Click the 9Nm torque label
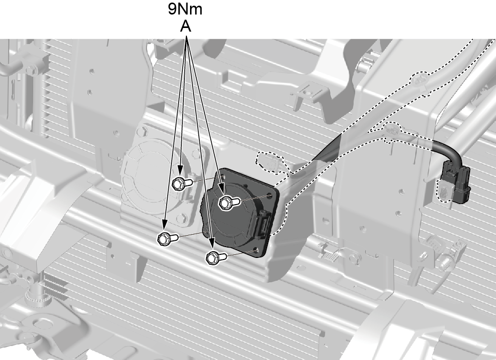[185, 9]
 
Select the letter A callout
[186, 26]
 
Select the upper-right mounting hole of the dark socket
[269, 195]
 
